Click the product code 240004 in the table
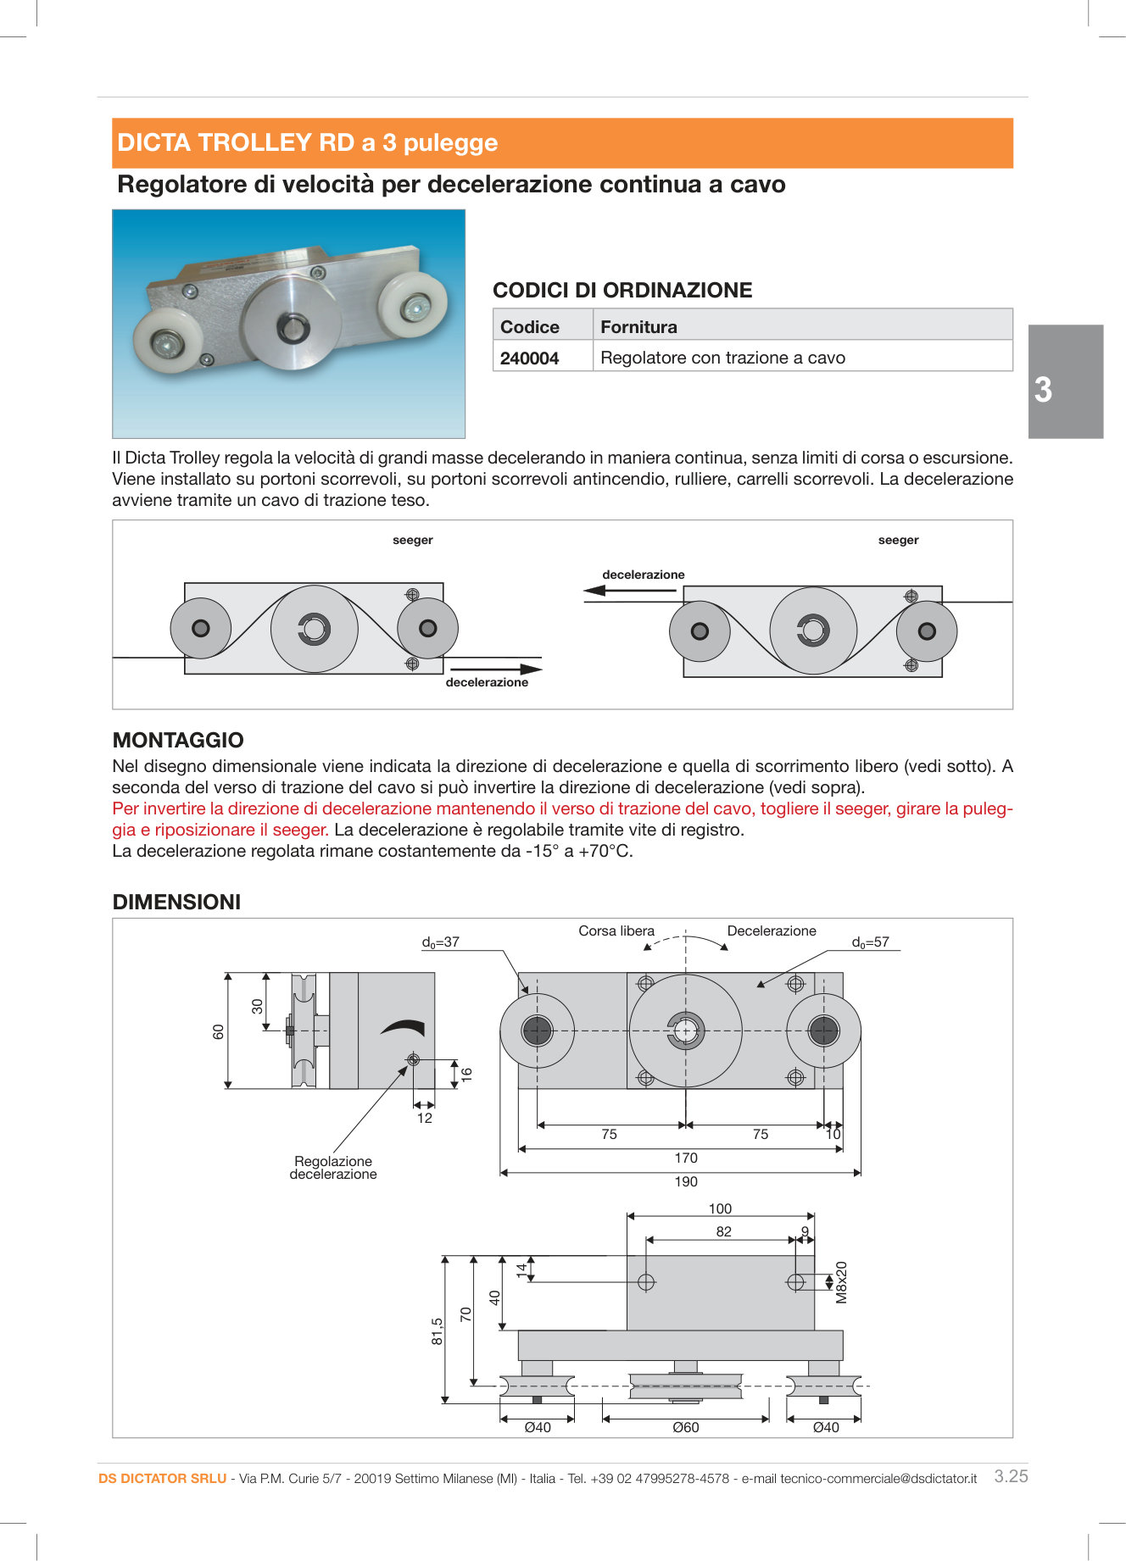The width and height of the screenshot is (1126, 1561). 529,358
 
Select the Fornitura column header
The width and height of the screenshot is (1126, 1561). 638,327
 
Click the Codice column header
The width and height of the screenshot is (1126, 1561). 530,327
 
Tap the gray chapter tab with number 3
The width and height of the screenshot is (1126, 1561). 1065,382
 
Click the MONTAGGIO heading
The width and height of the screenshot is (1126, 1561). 178,740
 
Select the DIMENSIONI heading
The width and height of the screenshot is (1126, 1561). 176,902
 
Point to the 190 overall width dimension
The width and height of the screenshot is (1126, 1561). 685,1181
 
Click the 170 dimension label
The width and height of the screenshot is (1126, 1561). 685,1158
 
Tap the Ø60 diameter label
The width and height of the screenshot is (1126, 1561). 685,1427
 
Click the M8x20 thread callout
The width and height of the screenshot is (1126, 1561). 841,1282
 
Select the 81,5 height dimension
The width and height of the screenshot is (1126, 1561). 437,1331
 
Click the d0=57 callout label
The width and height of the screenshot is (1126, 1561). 870,942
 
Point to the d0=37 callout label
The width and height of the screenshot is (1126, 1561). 440,942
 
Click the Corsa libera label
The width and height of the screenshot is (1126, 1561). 616,930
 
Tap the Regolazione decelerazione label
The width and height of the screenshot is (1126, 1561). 333,1168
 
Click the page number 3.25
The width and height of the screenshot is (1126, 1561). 1011,1476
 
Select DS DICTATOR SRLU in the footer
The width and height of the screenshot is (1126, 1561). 162,1478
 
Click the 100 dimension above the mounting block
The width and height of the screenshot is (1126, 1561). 720,1208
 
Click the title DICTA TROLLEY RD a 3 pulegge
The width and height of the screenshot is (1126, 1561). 307,142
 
